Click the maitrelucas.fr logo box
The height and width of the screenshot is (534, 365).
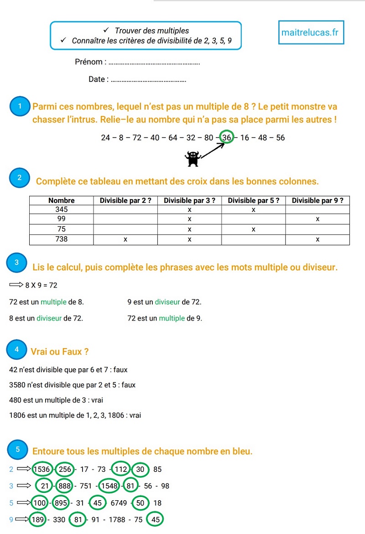tap(311, 32)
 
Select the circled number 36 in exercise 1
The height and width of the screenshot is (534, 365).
tap(226, 137)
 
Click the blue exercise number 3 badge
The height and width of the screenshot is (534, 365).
tap(16, 263)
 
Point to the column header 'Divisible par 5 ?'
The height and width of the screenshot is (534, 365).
tap(253, 201)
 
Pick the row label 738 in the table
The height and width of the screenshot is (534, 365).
tap(61, 239)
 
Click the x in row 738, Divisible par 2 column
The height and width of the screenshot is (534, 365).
tap(125, 239)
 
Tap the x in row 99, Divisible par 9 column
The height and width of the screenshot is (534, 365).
tap(318, 219)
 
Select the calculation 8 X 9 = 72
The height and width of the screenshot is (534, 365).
tap(42, 286)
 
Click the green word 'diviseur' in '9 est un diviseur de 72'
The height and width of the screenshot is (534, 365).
tap(167, 302)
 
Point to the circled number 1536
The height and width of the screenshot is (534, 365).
tap(42, 469)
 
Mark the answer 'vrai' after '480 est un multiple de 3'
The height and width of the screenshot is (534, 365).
tap(97, 400)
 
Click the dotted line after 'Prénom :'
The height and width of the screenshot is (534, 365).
tap(155, 63)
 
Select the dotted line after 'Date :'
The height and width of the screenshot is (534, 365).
tap(148, 80)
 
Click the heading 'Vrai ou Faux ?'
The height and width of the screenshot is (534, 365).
tap(60, 352)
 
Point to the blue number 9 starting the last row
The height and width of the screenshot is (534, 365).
tap(11, 519)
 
